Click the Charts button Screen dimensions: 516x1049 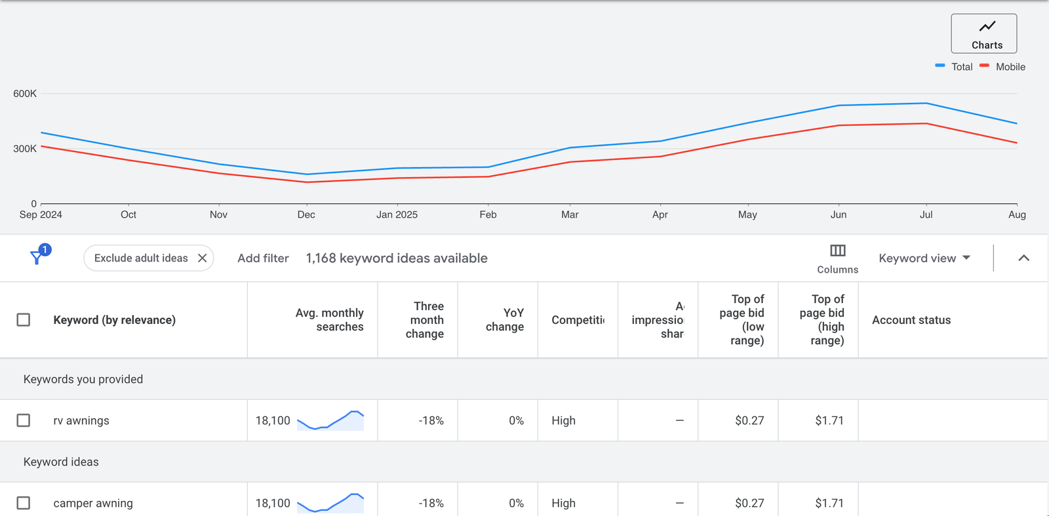983,33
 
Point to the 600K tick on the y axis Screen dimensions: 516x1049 25,94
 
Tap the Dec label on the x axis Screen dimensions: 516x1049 306,214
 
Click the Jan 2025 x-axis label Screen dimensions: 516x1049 397,214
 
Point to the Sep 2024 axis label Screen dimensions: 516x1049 41,214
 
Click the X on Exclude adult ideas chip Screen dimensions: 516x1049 203,258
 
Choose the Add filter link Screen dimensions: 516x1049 263,258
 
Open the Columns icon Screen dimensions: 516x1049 837,251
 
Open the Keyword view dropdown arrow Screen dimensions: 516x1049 966,258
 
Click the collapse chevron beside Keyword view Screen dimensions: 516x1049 1023,258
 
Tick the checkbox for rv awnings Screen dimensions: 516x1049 24,420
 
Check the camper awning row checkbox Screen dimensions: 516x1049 24,503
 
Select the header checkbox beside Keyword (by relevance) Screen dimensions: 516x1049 24,320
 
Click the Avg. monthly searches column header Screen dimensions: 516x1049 329,320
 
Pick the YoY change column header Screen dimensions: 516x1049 505,320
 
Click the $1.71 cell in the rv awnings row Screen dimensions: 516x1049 829,420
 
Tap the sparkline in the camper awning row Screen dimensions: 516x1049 330,503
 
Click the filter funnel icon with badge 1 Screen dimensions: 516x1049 38,257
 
